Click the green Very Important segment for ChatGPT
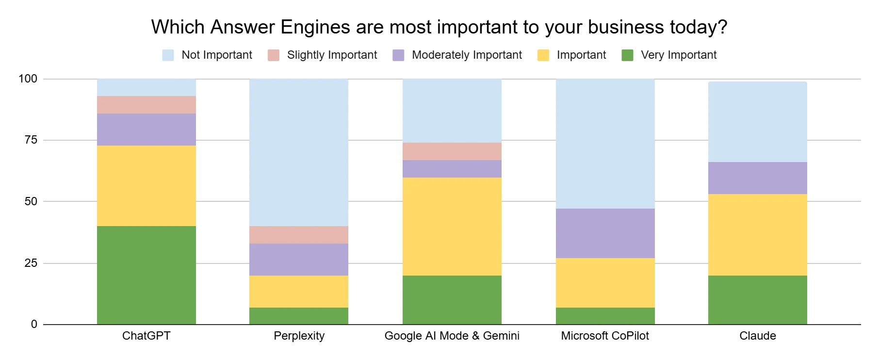[146, 275]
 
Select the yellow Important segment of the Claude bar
[757, 235]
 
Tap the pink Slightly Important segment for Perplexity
[298, 235]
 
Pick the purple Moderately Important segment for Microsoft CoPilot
[605, 233]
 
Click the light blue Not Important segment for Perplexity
[298, 152]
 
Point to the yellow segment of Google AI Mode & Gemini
[452, 227]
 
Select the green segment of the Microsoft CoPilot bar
[605, 316]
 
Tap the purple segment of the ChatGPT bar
[146, 130]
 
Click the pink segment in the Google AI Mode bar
[452, 151]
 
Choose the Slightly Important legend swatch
[274, 55]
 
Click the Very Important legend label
[678, 55]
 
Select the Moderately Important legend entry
[467, 55]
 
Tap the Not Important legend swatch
[168, 55]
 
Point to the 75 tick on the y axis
[31, 140]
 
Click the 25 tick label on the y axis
[31, 263]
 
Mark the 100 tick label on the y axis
[28, 79]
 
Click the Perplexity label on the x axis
[299, 336]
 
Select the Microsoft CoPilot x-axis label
[604, 336]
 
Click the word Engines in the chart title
[315, 27]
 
